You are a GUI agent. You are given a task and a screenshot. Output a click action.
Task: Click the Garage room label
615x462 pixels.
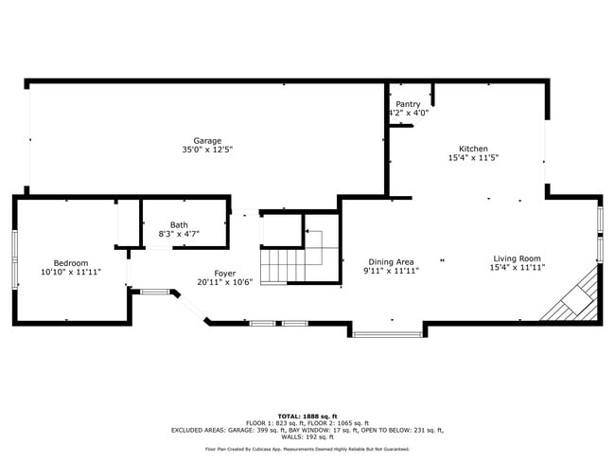[x=207, y=140]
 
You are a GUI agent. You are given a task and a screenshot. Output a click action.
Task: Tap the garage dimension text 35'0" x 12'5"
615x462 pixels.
[x=207, y=150]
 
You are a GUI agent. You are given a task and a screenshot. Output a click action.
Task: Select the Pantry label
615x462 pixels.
[x=408, y=104]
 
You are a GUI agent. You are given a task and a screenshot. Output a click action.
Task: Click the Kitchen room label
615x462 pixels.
[x=473, y=149]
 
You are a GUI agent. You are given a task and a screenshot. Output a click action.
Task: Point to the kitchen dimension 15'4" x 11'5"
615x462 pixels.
[x=473, y=158]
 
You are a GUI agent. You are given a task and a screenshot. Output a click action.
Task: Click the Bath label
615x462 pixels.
[x=179, y=224]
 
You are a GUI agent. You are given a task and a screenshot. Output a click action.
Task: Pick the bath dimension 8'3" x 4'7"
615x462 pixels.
[x=179, y=234]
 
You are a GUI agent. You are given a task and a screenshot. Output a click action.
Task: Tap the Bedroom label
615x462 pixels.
[x=71, y=262]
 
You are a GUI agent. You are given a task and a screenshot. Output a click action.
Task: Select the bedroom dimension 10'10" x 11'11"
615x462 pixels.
[x=71, y=272]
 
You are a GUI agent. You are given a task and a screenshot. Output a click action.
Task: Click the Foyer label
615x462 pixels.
[x=224, y=273]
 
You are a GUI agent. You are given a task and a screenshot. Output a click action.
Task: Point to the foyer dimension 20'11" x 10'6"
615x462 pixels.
[x=224, y=282]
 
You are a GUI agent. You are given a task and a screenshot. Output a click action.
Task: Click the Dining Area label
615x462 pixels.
[x=392, y=261]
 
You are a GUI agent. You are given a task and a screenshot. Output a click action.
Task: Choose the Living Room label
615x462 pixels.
[x=516, y=258]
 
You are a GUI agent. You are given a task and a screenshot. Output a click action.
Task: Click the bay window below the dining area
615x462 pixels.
[x=387, y=333]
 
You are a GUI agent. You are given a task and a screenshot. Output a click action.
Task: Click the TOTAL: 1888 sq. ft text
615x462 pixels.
[x=307, y=416]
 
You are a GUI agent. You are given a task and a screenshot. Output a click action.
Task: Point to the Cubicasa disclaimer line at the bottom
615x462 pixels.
[x=307, y=449]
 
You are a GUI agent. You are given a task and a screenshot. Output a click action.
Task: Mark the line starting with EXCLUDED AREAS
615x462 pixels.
[x=307, y=430]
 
